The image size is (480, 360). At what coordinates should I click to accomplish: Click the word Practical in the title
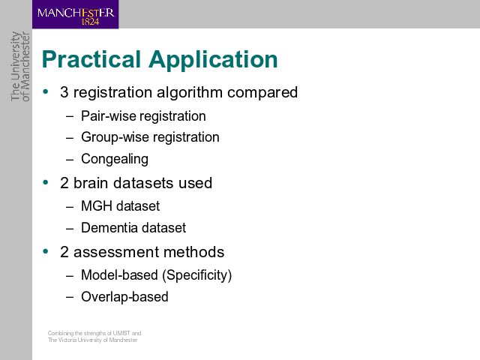pyautogui.click(x=91, y=59)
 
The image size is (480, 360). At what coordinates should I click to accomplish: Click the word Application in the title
pyautogui.click(x=213, y=60)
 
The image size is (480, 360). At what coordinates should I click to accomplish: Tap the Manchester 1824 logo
pyautogui.click(x=75, y=14)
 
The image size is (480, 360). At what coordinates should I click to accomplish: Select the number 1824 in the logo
pyautogui.click(x=90, y=22)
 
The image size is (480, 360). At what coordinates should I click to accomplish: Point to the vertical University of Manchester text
pyautogui.click(x=20, y=66)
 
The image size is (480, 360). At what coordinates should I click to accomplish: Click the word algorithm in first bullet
pyautogui.click(x=190, y=92)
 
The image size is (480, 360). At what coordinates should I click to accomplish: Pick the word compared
pyautogui.click(x=262, y=93)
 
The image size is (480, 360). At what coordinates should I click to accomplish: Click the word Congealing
pyautogui.click(x=115, y=159)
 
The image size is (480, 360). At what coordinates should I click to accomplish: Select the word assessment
pyautogui.click(x=116, y=253)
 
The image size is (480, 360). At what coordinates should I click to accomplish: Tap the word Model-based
pyautogui.click(x=119, y=275)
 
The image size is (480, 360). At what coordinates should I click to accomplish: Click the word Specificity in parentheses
pyautogui.click(x=196, y=275)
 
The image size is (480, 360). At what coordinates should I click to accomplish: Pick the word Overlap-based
pyautogui.click(x=124, y=297)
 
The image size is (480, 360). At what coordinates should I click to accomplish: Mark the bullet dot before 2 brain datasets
pyautogui.click(x=46, y=182)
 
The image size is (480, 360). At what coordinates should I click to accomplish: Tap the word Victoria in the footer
pyautogui.click(x=67, y=340)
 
